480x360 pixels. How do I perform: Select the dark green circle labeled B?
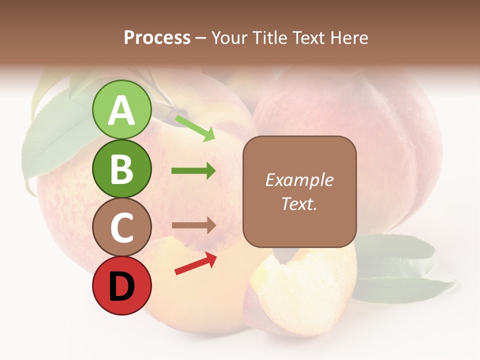tap(121, 168)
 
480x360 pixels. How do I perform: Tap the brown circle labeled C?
tap(121, 227)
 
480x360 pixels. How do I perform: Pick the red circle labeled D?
tap(121, 285)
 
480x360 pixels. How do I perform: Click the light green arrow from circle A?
tap(195, 127)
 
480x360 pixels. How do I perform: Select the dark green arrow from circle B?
tap(193, 171)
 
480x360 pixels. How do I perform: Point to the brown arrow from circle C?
tap(193, 225)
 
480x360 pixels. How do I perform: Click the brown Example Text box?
tap(299, 191)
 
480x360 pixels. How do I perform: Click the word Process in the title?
tap(157, 37)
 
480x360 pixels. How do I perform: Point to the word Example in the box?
tap(299, 180)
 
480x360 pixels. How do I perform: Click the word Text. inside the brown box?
tap(299, 203)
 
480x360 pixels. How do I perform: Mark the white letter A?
tap(121, 110)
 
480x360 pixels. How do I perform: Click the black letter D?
tap(121, 286)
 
